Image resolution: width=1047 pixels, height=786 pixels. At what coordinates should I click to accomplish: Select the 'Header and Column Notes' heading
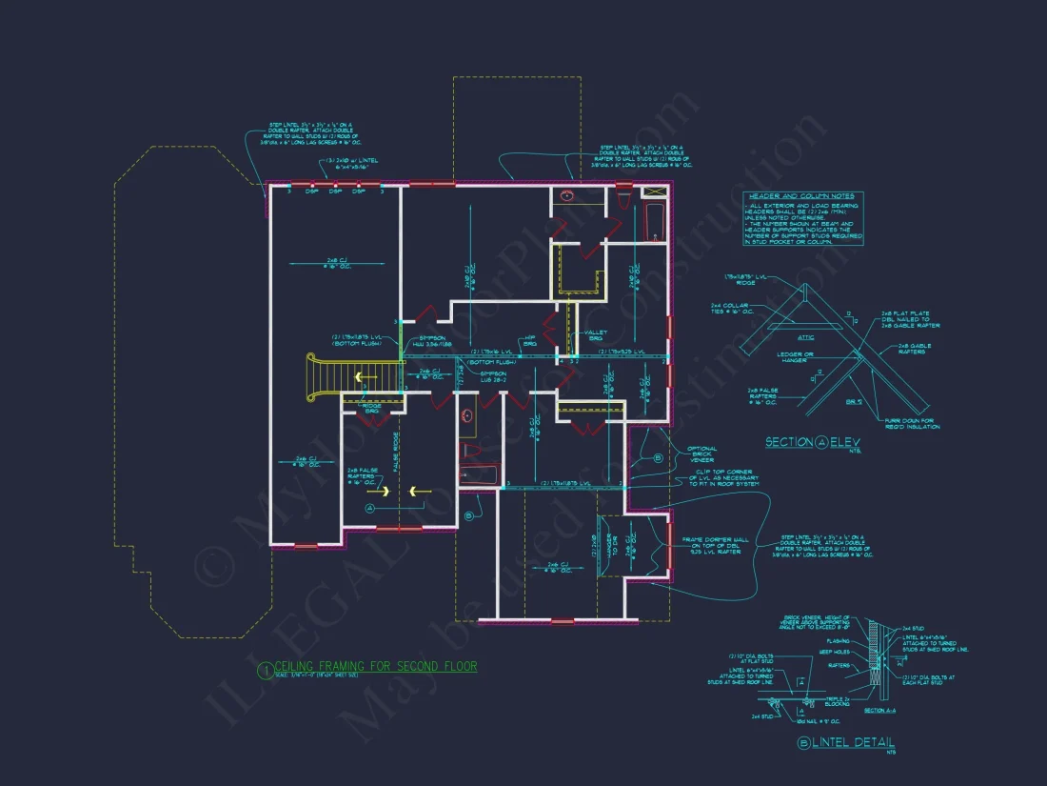pos(801,195)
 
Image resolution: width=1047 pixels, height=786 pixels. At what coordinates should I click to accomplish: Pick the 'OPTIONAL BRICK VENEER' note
pos(702,454)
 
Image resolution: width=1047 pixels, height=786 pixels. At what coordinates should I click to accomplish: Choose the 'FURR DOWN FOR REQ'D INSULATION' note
pos(911,424)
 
